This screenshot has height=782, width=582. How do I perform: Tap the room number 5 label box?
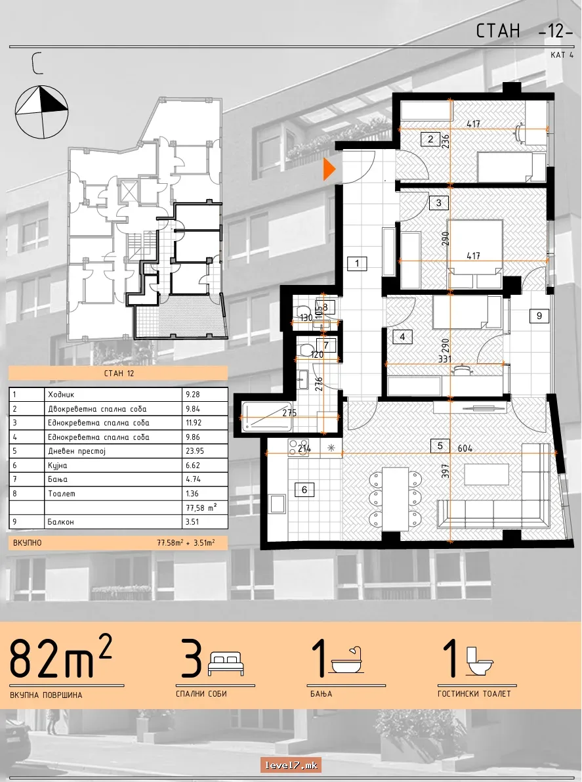440,445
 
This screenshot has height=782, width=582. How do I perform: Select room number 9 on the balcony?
539,315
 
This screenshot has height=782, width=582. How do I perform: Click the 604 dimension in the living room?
465,448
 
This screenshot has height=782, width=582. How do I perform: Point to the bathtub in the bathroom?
266,416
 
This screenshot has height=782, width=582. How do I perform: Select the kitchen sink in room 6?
277,504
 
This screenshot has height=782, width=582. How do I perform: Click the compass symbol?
41,111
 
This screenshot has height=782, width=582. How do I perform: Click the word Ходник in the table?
61,395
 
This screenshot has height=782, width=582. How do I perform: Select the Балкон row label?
61,522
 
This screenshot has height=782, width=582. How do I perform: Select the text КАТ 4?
562,55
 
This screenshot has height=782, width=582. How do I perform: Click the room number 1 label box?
357,263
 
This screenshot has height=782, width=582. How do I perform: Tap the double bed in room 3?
475,253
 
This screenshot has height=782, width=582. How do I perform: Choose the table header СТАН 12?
119,373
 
